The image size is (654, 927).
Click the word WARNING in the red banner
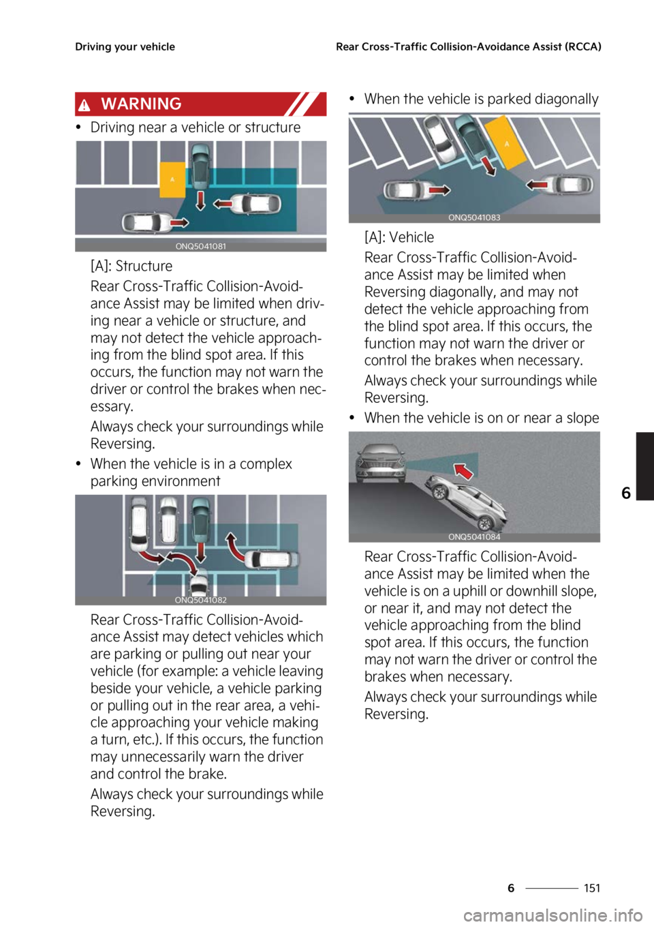[x=141, y=104]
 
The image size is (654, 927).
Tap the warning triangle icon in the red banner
[x=84, y=106]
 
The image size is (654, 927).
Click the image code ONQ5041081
[x=200, y=247]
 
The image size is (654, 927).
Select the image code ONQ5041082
[x=200, y=600]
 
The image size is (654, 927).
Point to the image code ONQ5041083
[x=474, y=217]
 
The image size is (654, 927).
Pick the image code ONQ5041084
[x=474, y=537]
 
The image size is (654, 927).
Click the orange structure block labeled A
[x=172, y=180]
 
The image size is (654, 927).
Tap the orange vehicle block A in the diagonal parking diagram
[x=507, y=142]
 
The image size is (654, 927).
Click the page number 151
[x=592, y=888]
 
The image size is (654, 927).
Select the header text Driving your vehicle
[x=125, y=47]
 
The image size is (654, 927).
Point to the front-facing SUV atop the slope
[x=379, y=463]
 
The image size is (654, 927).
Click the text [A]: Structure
[x=131, y=266]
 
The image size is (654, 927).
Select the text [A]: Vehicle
[x=399, y=237]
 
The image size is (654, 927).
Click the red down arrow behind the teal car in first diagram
[x=200, y=200]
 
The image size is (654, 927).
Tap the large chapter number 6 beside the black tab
[x=626, y=493]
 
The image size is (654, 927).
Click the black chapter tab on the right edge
[x=645, y=466]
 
